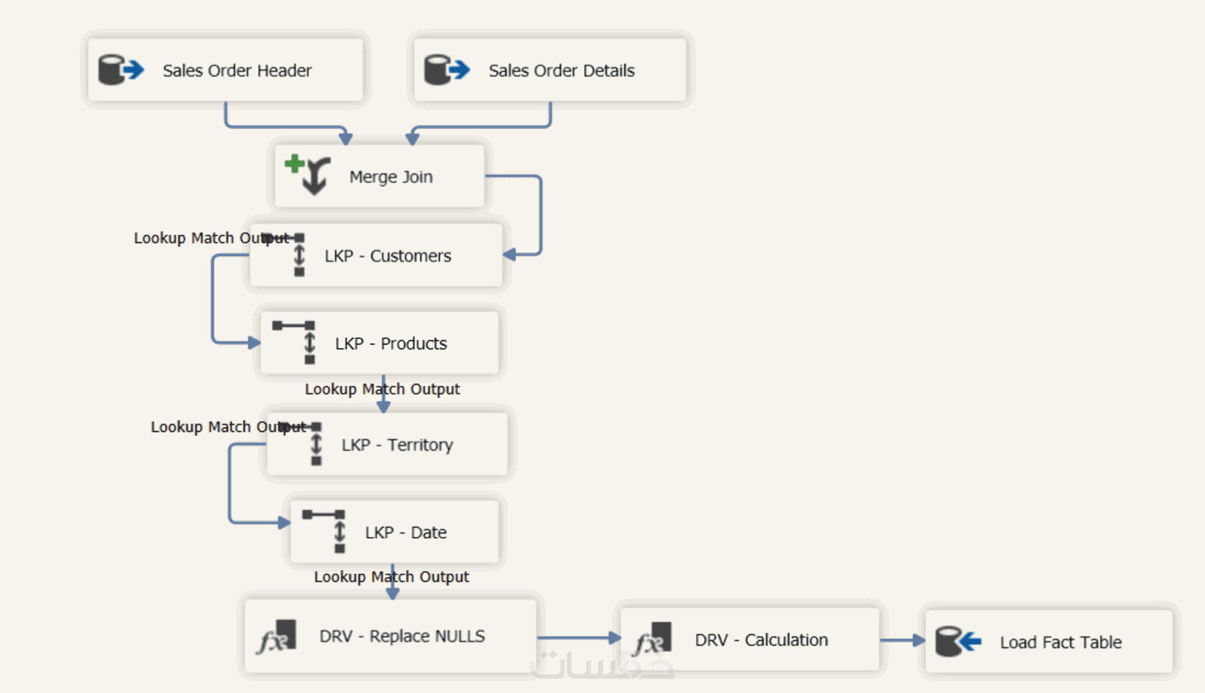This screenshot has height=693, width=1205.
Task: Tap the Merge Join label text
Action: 391,177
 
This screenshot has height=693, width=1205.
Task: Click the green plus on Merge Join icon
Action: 294,163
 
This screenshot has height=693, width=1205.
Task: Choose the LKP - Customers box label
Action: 388,256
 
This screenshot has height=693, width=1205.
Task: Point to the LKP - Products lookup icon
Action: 299,342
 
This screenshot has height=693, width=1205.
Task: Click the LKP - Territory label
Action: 397,445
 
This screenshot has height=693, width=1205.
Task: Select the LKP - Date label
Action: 406,533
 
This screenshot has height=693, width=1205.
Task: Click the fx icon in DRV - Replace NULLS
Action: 276,637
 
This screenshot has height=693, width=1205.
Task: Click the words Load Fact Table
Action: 1060,643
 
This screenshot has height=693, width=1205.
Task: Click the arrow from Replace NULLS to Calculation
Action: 578,638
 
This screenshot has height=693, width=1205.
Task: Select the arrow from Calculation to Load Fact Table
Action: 902,640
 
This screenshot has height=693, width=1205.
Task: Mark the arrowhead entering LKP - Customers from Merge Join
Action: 510,255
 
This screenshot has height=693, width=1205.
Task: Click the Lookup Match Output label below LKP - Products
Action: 382,389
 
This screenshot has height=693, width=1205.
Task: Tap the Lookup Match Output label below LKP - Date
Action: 391,577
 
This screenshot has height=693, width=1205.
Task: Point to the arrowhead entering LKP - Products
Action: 254,342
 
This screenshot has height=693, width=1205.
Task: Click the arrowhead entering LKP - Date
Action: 284,522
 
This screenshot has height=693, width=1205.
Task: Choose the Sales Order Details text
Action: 561,71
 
